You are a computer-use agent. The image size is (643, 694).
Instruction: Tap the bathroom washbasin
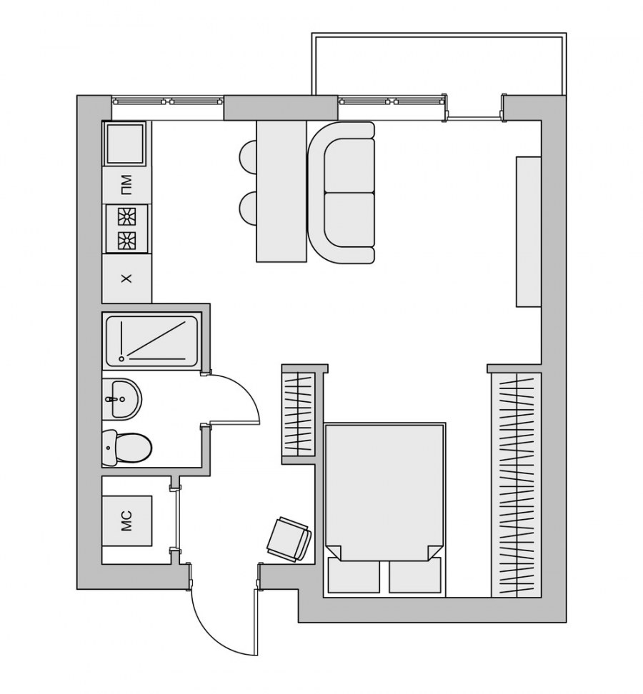(x=121, y=399)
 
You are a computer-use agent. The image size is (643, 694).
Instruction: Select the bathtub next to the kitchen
(x=152, y=341)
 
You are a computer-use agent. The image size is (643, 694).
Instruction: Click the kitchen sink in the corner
(x=124, y=144)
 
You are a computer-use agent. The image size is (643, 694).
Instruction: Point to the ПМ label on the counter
(x=126, y=185)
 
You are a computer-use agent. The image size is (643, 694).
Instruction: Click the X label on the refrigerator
(x=126, y=278)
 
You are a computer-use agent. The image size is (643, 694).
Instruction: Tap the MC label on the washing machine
(x=126, y=520)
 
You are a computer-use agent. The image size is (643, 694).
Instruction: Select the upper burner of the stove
(x=126, y=218)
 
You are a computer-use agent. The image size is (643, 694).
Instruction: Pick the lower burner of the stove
(x=126, y=240)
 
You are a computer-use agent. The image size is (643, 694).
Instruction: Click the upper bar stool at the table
(x=248, y=157)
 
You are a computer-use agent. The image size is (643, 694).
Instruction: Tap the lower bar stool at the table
(x=248, y=208)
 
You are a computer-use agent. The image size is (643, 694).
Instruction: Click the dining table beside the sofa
(x=281, y=191)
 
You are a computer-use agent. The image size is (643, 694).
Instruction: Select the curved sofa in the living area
(x=342, y=193)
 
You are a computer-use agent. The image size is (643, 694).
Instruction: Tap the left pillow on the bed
(x=354, y=575)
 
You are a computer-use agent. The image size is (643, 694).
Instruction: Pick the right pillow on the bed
(x=415, y=575)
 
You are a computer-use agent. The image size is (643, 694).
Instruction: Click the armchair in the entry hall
(x=289, y=538)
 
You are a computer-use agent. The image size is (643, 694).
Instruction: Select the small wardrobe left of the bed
(x=299, y=414)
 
